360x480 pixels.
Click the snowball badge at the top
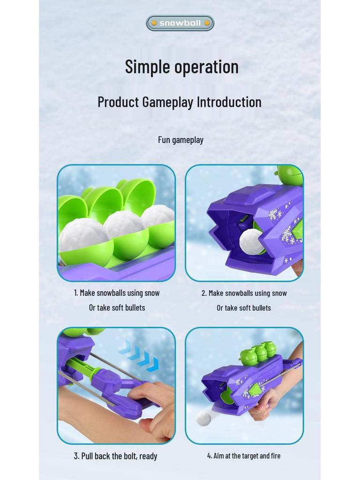coord(180,23)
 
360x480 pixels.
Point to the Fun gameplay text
coord(180,140)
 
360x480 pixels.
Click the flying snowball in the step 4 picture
coord(203,419)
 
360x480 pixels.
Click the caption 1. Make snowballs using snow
coord(117,293)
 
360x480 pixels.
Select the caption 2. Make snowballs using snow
coord(244,293)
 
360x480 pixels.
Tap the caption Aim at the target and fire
coord(244,456)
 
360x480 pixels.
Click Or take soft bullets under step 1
coord(117,307)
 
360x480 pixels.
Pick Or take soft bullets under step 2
coord(244,308)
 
